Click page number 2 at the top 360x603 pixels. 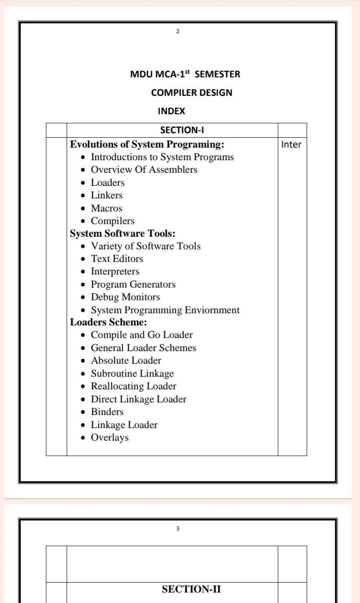coord(178,31)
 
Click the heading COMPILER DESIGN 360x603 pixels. coord(192,93)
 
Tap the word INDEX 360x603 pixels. coord(171,111)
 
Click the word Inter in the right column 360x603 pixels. coord(291,144)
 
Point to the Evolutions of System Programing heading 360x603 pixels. coord(147,144)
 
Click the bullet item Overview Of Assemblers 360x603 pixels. coord(144,170)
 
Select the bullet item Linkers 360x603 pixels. coord(107,195)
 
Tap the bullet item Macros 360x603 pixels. coord(107,208)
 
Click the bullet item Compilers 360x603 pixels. coord(112,221)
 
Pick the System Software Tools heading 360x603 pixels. coord(122,234)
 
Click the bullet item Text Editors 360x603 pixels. coord(117,259)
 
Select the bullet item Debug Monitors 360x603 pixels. coord(125,297)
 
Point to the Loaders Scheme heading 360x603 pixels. coord(108,322)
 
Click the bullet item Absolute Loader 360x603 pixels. coord(126,360)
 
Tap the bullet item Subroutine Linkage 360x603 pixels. coord(132,373)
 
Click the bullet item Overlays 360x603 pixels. coord(110,437)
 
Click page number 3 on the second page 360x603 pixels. coord(178,528)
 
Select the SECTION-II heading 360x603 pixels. coord(191,589)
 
